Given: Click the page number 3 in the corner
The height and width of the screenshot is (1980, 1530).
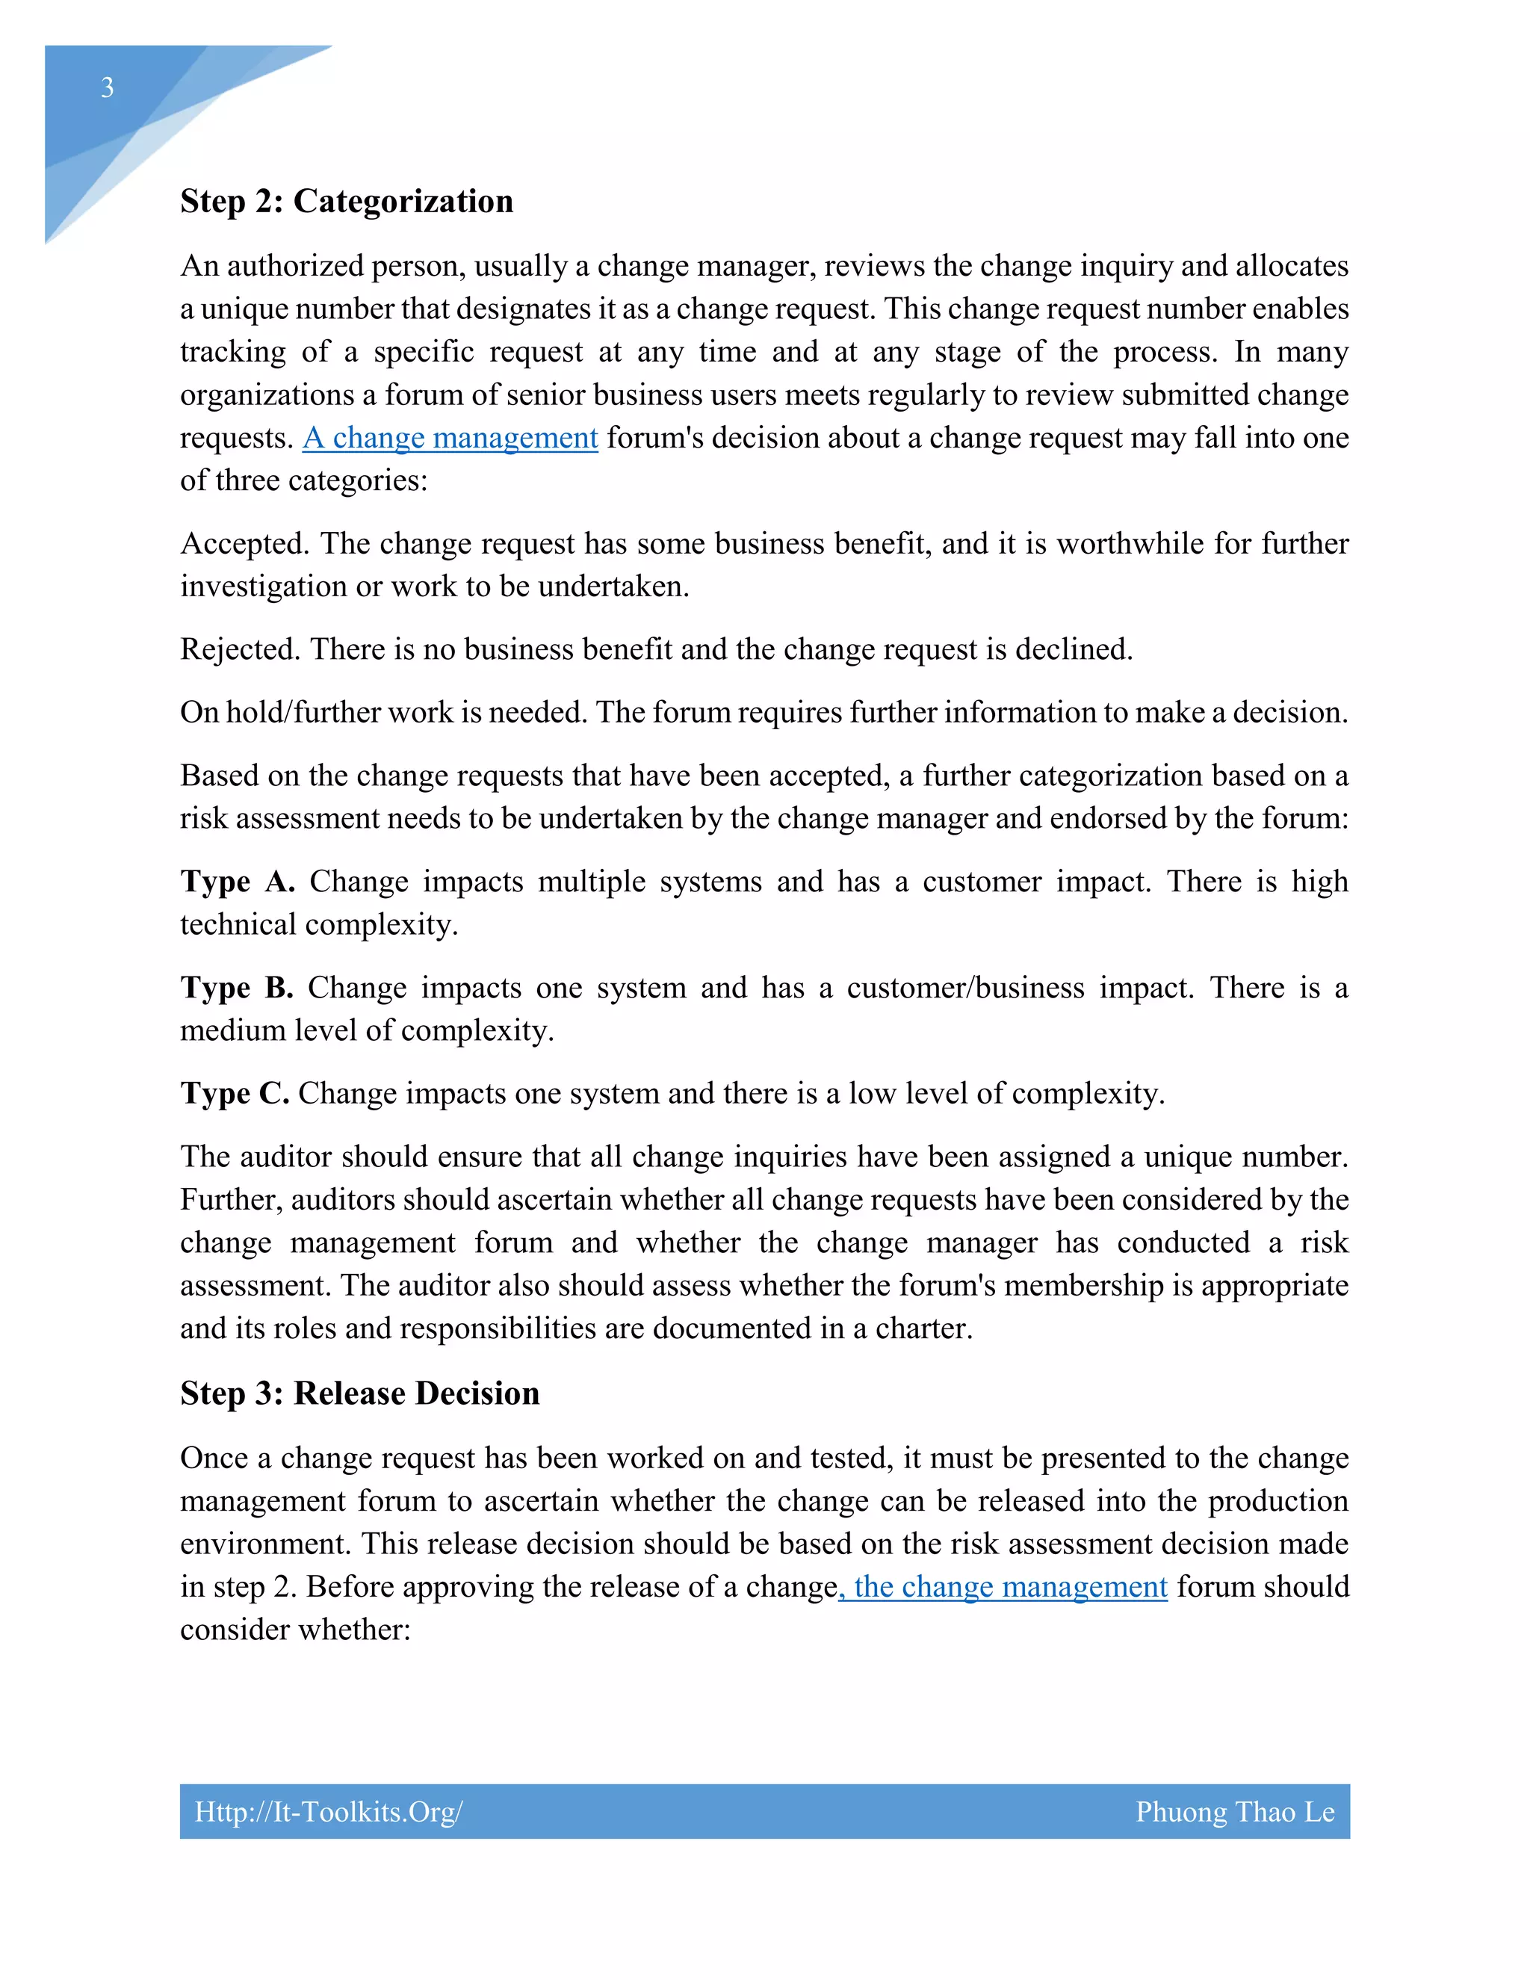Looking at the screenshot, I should coord(107,88).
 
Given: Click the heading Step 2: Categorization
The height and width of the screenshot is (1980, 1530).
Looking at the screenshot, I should coord(346,201).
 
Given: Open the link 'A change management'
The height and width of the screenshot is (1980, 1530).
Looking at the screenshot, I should coord(450,438).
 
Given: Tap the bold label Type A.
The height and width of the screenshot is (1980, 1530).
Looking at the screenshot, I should coord(238,882).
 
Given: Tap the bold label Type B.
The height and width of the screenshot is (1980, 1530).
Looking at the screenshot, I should coord(237,989).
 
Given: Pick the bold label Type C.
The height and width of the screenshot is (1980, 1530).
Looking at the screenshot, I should coord(235,1095).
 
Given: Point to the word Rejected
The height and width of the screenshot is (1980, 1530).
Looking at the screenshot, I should coord(239,650).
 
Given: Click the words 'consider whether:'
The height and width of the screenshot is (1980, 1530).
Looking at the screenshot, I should coord(296,1630).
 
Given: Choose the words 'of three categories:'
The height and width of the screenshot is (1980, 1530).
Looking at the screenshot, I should coord(303,480).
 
